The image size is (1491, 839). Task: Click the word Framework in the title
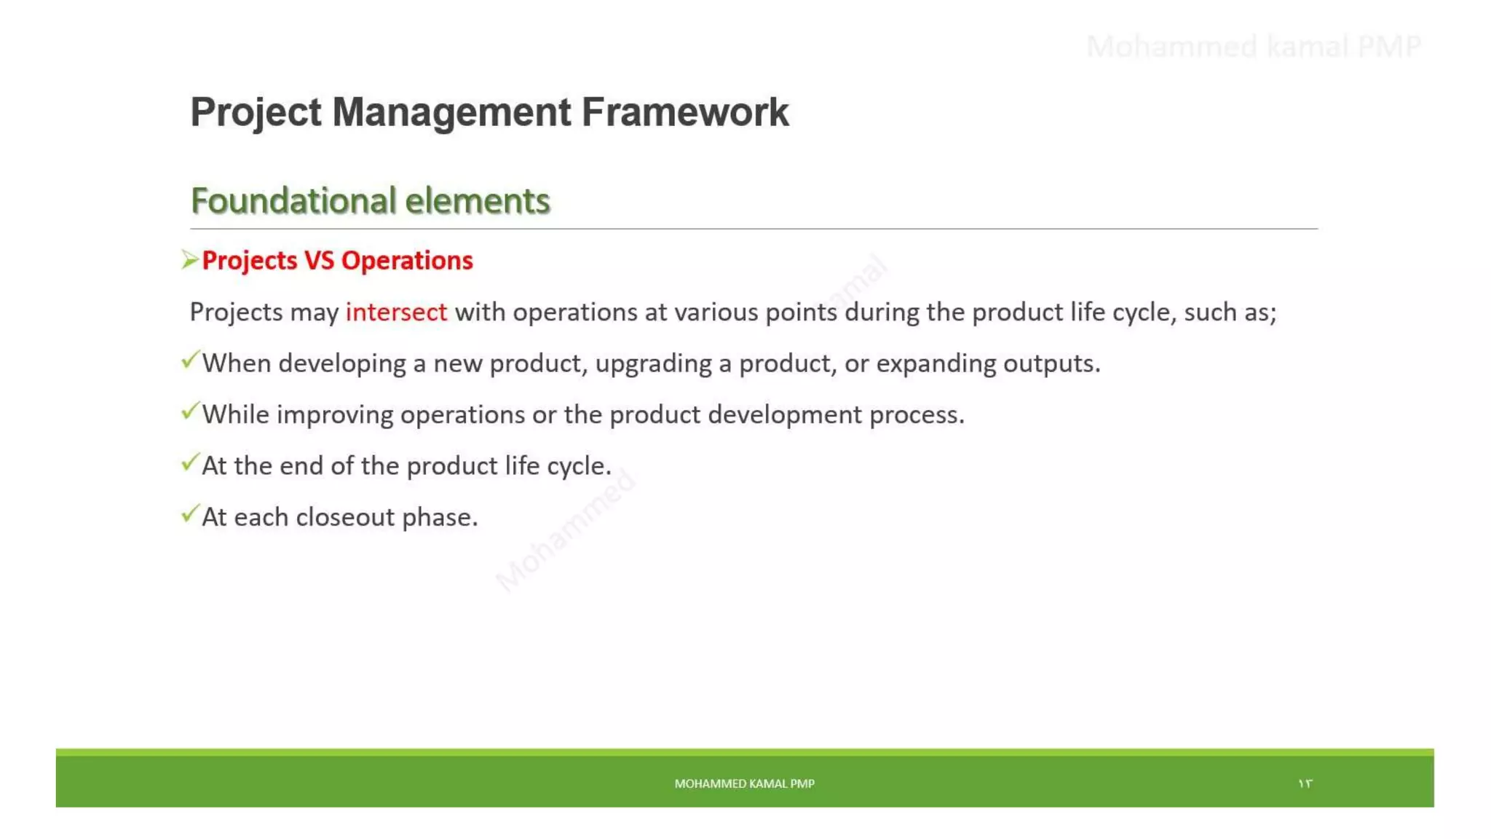(684, 113)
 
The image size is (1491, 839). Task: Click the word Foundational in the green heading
(293, 201)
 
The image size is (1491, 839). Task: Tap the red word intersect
(396, 312)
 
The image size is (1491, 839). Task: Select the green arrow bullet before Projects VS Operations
(189, 260)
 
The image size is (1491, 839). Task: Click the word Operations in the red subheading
(407, 261)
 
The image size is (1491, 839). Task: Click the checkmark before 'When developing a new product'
(189, 361)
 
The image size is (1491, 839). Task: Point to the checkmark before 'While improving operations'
(189, 411)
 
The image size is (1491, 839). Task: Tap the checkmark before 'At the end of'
(189, 462)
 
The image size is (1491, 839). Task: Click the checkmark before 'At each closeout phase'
(189, 514)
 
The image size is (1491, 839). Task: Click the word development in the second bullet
(785, 415)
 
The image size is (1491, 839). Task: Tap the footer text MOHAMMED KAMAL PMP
(744, 784)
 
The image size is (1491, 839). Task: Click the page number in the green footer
(1305, 784)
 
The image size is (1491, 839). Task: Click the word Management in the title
(451, 113)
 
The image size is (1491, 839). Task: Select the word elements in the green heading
(477, 201)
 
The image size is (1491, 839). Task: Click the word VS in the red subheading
(319, 261)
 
